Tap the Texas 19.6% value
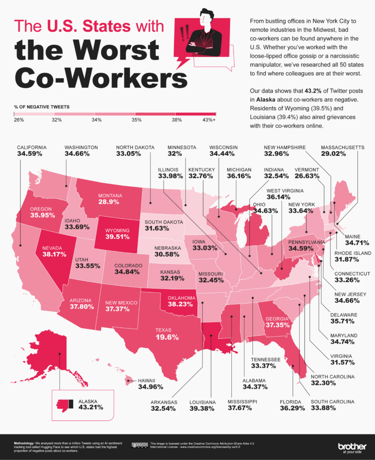point(167,337)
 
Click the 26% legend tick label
point(20,119)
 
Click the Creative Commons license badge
point(140,445)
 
